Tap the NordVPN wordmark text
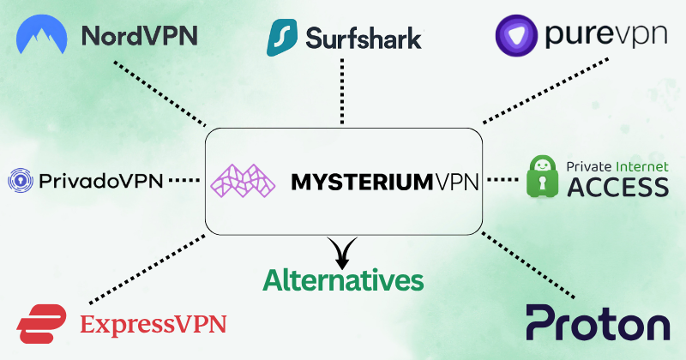coord(139,36)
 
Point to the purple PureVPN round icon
coord(518,35)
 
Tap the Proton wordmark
coord(598,325)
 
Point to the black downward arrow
coord(343,251)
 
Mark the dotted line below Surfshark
coord(342,90)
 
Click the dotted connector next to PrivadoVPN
coord(184,180)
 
